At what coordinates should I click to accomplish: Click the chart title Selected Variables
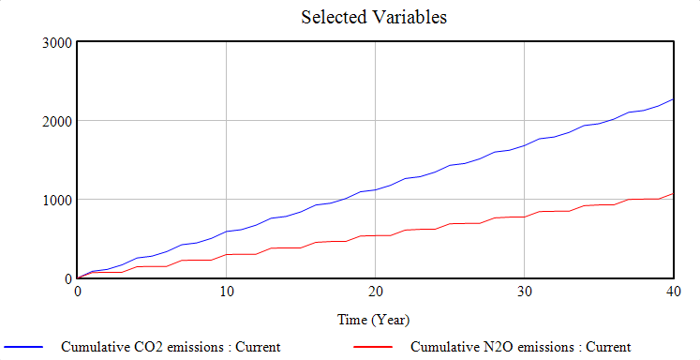(x=361, y=17)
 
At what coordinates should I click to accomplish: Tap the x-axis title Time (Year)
(x=374, y=320)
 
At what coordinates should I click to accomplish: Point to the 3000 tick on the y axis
(x=57, y=42)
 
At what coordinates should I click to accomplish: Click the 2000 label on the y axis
(x=57, y=121)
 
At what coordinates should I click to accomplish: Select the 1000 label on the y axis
(x=57, y=200)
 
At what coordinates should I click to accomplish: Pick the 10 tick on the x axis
(x=226, y=292)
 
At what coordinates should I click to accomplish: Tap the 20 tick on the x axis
(x=375, y=292)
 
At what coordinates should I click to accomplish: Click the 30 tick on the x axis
(x=524, y=292)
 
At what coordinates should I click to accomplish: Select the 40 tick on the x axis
(x=672, y=292)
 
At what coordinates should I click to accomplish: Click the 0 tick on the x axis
(x=78, y=292)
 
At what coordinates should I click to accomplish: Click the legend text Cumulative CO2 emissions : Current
(x=171, y=347)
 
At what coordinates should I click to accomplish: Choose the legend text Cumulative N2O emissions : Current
(x=521, y=347)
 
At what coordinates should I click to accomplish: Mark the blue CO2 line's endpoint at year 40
(x=672, y=99)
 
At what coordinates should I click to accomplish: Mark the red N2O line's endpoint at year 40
(x=672, y=193)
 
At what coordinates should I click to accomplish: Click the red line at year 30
(x=524, y=217)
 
